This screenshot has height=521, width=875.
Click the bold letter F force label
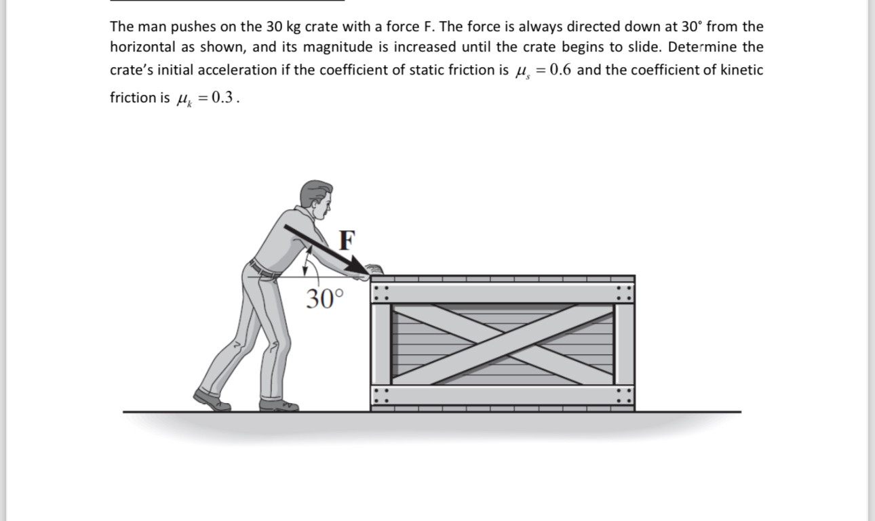point(347,239)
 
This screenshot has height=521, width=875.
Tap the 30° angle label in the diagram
point(324,298)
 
